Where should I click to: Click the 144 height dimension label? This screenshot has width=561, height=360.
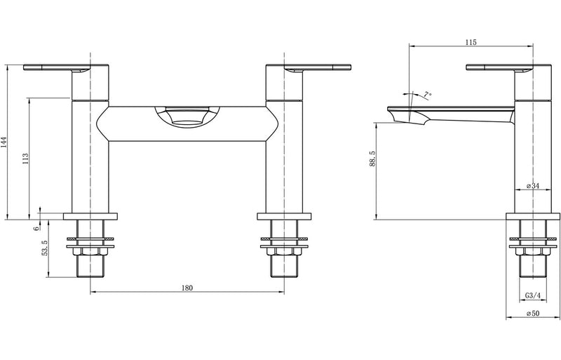6,143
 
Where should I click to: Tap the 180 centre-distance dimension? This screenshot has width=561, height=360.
187,288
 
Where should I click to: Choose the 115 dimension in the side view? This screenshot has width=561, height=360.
471,43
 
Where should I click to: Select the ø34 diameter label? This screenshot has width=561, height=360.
532,186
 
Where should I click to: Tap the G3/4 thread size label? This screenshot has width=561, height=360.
532,295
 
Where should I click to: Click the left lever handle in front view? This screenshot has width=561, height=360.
56,68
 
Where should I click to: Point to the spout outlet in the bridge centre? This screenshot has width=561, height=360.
187,116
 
